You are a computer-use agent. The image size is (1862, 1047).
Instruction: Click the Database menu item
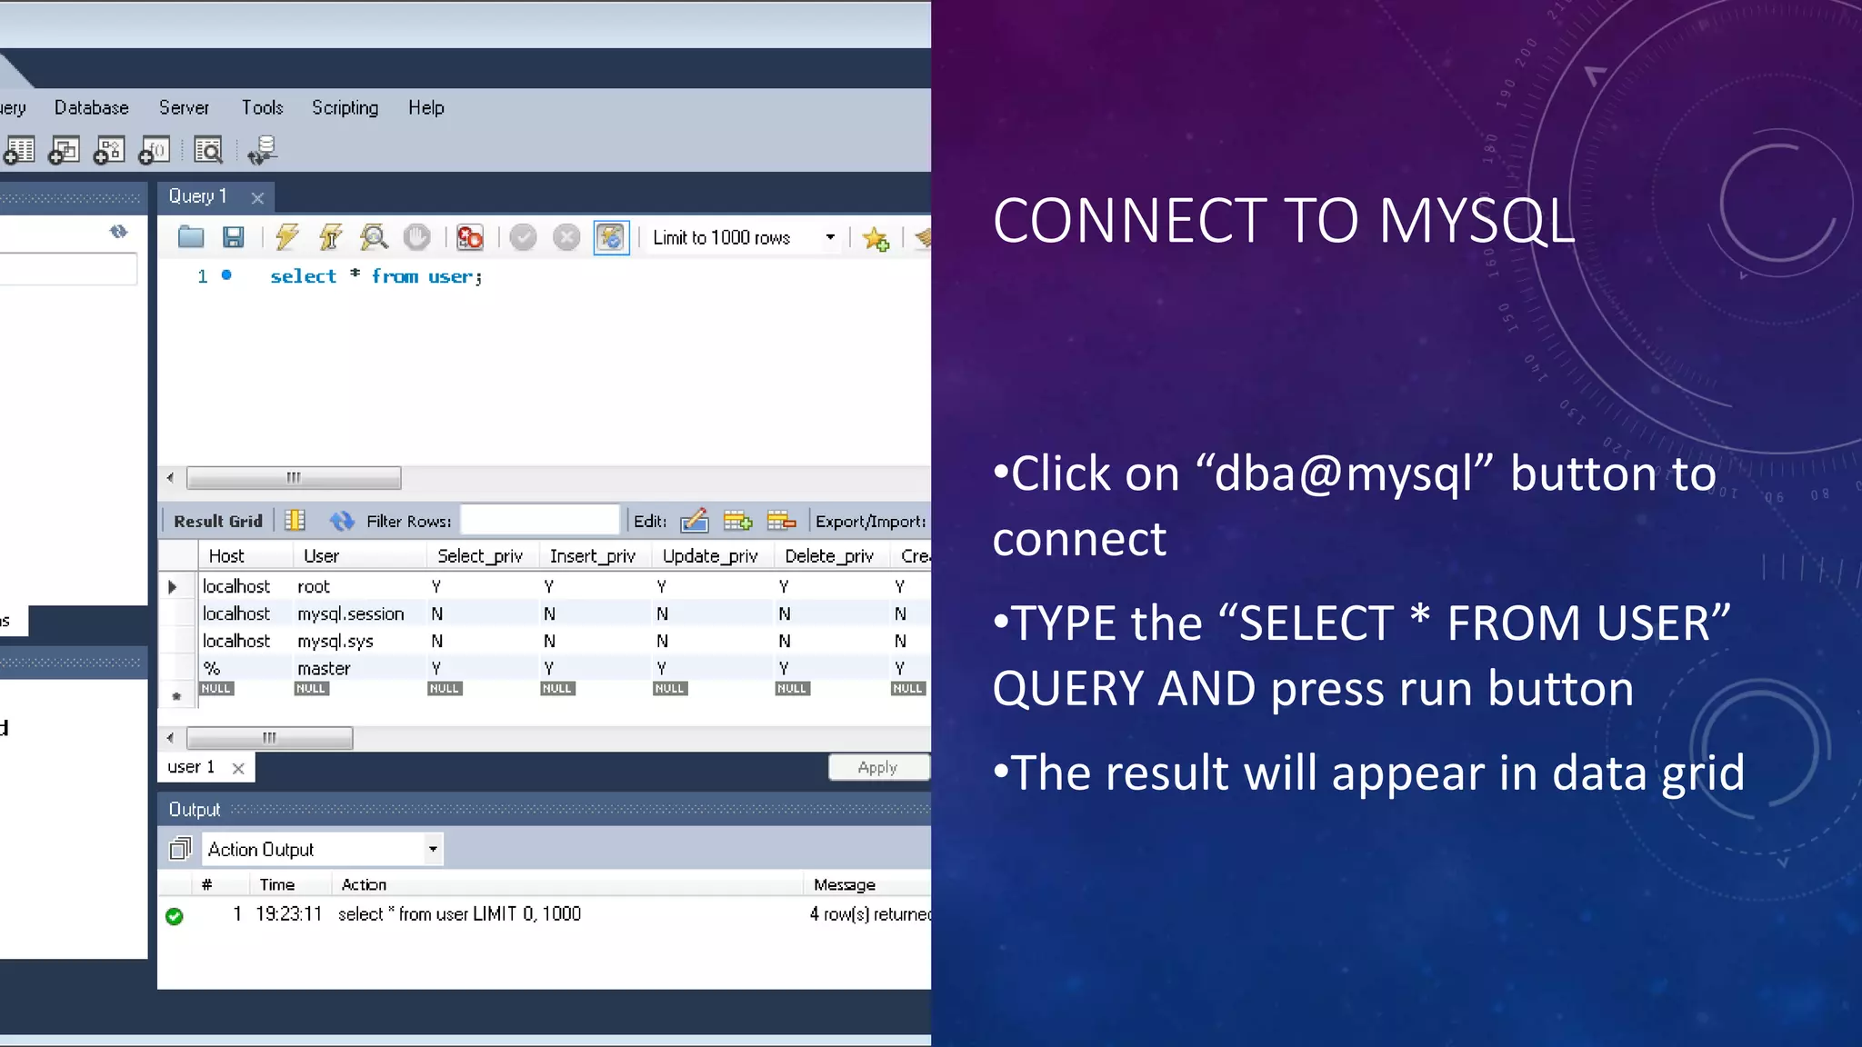(x=91, y=108)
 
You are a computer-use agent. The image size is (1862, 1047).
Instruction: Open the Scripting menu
(x=345, y=108)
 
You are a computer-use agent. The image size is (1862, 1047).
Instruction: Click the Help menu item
(x=425, y=108)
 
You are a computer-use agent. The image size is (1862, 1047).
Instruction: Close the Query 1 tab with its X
(x=258, y=198)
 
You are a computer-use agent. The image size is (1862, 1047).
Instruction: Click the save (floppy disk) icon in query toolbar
(x=234, y=238)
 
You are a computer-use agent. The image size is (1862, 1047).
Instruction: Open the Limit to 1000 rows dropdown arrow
(x=830, y=238)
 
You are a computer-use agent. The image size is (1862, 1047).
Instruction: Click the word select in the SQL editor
(x=303, y=277)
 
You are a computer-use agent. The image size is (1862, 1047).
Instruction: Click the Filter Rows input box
(x=540, y=521)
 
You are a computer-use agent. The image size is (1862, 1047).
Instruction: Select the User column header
(x=321, y=556)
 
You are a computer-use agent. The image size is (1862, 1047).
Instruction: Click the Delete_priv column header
(x=828, y=556)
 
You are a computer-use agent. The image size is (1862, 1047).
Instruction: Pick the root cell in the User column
(x=314, y=587)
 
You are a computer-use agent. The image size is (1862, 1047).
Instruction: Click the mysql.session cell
(x=350, y=614)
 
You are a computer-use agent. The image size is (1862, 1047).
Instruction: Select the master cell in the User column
(x=324, y=669)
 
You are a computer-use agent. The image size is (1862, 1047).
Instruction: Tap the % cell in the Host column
(x=212, y=669)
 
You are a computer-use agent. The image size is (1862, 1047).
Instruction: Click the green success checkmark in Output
(x=175, y=916)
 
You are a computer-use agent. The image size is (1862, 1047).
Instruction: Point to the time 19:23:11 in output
(x=288, y=914)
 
